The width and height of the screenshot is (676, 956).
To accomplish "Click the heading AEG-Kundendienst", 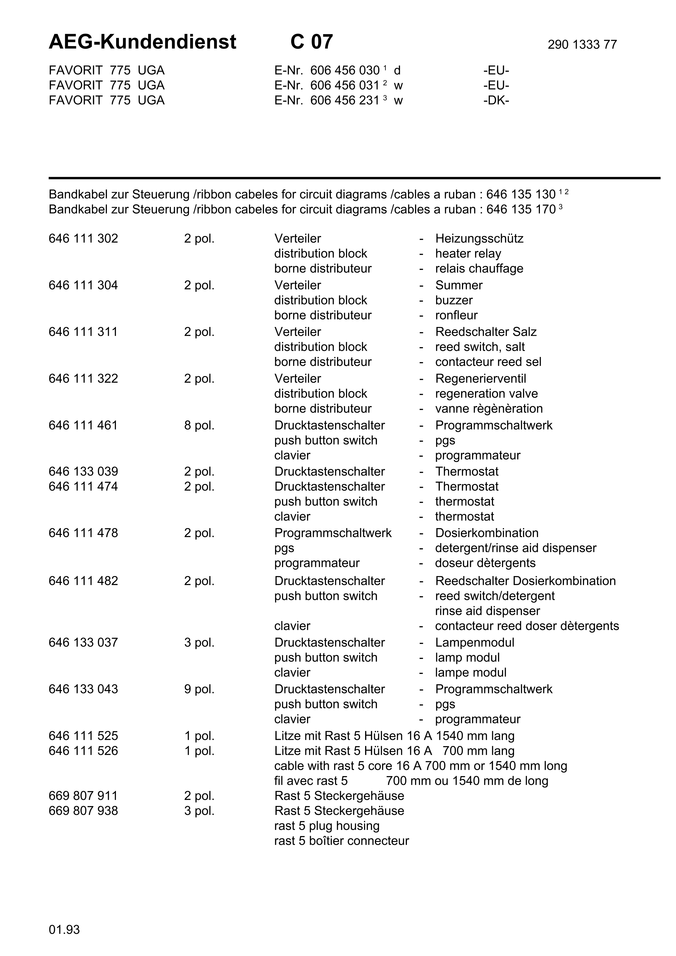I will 142,42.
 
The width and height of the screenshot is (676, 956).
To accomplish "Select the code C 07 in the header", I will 312,42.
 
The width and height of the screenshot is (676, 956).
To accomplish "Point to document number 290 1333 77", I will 582,44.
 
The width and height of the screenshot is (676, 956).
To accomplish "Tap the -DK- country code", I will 496,100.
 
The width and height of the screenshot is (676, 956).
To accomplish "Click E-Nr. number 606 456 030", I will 345,70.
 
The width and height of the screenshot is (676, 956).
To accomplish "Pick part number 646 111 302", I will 83,238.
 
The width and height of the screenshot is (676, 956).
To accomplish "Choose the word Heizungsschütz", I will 479,238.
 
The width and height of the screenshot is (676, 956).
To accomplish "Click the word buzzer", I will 453,300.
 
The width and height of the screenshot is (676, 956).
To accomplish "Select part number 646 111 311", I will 83,332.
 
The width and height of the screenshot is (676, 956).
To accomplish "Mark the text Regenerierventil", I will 481,379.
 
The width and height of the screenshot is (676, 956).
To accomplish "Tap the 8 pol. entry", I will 199,425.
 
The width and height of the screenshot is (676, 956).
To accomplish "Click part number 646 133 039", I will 83,471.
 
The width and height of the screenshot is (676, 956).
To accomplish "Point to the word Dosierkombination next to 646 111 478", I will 486,533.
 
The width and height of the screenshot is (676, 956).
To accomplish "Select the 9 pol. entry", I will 199,689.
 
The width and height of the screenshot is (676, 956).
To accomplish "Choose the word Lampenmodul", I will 474,643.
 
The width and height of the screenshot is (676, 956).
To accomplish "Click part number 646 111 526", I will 83,751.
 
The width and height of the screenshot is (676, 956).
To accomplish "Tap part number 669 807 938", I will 83,811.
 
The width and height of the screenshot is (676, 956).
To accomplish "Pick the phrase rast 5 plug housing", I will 326,826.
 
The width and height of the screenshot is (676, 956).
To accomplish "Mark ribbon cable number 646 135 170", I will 521,210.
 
